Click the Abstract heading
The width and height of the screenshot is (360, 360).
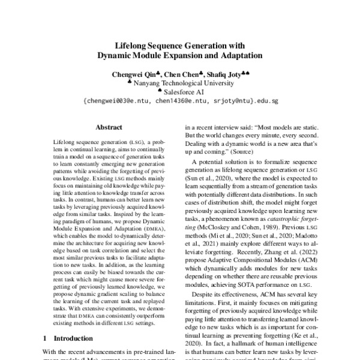[x=109, y=127]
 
